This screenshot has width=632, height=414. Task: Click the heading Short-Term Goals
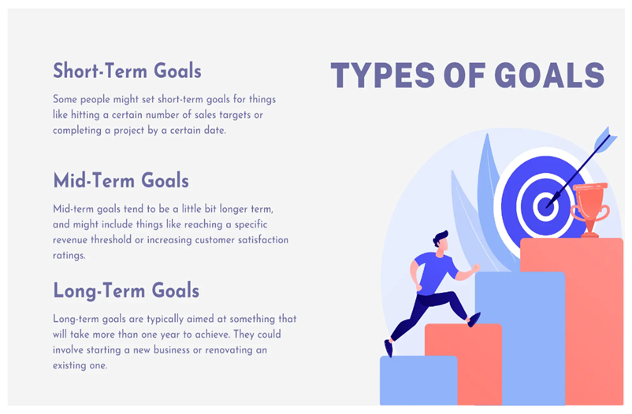[127, 71]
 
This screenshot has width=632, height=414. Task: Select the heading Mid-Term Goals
[121, 180]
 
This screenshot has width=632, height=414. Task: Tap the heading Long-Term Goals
[126, 290]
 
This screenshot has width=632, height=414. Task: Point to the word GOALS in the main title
[549, 76]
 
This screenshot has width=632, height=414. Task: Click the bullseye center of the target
[545, 206]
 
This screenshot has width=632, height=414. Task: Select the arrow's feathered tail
[605, 139]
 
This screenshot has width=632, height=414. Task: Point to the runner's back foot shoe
[388, 348]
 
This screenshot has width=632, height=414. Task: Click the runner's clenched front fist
[476, 268]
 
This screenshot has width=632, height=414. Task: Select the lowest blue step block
[418, 380]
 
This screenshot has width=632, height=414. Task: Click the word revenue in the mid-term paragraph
[69, 240]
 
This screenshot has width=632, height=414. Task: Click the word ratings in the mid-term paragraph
[69, 256]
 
